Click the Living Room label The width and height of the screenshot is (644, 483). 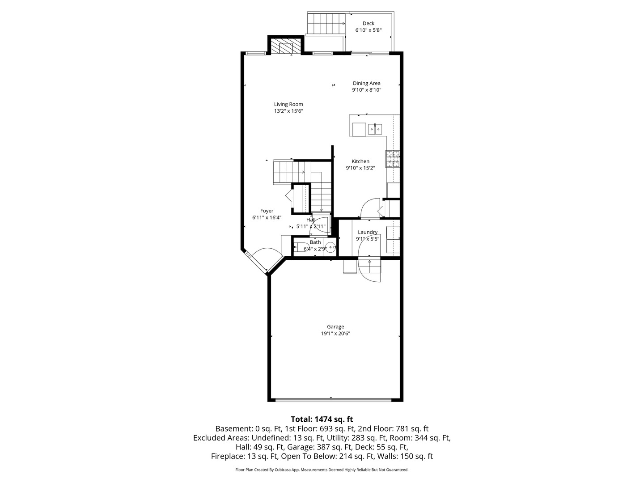pos(288,104)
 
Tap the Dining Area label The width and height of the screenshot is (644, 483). pos(366,83)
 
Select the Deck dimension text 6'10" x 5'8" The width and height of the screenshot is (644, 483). pos(369,30)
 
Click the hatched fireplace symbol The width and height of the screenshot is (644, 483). pos(286,47)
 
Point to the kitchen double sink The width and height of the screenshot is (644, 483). pos(375,129)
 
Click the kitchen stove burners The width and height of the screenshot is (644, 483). pos(393,159)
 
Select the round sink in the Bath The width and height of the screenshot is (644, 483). pos(331,247)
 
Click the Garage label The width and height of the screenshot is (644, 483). pos(335,326)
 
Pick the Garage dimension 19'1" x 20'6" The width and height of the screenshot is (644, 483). pos(335,334)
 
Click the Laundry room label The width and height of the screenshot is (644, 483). pos(368,232)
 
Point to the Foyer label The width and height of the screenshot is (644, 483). pos(267,211)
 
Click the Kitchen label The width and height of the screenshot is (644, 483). pos(360,161)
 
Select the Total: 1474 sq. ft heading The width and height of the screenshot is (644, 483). pos(322,419)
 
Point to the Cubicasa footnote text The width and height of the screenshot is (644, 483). pos(322,470)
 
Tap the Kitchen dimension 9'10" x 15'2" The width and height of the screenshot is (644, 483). pos(360,168)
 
